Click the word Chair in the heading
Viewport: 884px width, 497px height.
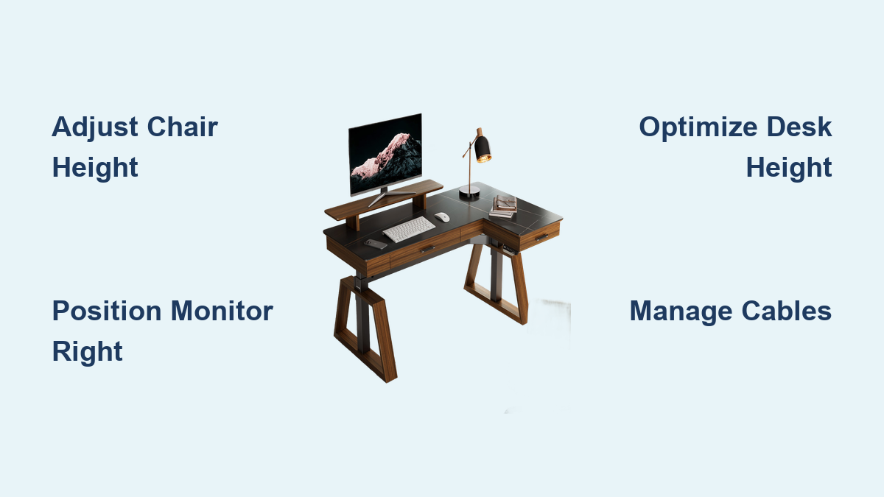coord(182,127)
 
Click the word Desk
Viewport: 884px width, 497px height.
coord(800,127)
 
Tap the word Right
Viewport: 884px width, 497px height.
coord(87,352)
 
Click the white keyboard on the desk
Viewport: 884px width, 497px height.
coord(409,228)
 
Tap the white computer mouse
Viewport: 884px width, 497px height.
coord(441,217)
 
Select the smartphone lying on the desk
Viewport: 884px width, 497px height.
coord(375,243)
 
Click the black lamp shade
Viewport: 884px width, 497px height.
coord(483,149)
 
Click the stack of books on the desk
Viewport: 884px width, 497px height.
coord(504,207)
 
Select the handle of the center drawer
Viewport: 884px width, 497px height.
coord(427,250)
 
